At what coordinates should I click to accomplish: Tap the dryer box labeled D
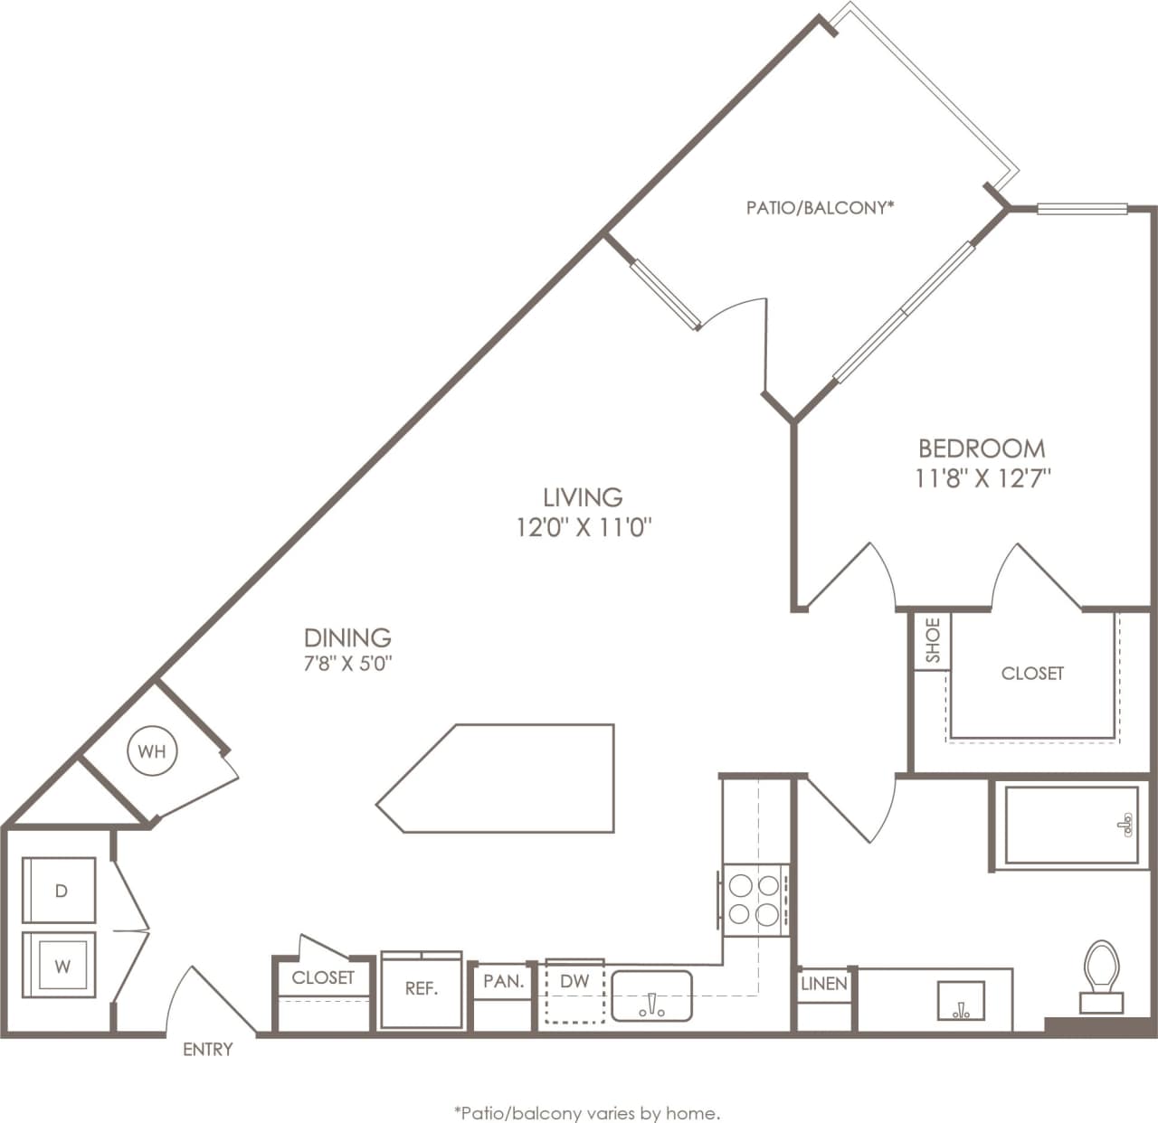60,891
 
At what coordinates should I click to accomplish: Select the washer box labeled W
60,966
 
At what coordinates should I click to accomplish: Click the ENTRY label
208,1050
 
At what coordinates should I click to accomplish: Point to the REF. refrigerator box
422,989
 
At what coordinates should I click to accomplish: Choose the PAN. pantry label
504,981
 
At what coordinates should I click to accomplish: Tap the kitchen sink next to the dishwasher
651,996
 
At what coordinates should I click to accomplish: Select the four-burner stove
754,897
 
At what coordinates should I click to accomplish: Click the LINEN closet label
824,984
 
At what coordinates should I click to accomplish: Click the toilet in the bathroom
1101,975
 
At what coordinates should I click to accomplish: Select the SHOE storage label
933,640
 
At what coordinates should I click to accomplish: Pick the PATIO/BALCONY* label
821,208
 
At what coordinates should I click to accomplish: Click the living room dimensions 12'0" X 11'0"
584,527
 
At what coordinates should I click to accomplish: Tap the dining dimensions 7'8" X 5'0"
347,663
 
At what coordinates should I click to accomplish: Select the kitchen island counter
507,778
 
